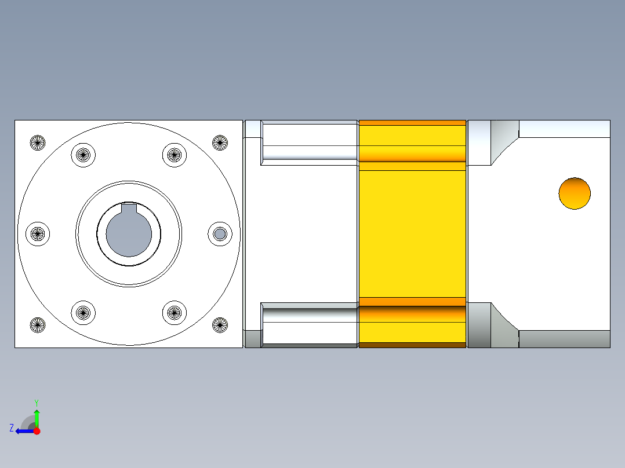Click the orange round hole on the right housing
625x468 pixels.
pyautogui.click(x=575, y=193)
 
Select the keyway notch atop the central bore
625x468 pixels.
pyautogui.click(x=129, y=209)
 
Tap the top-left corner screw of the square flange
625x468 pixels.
pyautogui.click(x=38, y=142)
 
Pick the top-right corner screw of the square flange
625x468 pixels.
pyautogui.click(x=220, y=142)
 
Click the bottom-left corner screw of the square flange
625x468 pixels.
pyautogui.click(x=38, y=325)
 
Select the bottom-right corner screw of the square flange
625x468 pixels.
pyautogui.click(x=220, y=325)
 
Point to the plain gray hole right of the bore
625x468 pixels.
pyautogui.click(x=220, y=233)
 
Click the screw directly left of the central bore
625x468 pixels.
pyautogui.click(x=38, y=233)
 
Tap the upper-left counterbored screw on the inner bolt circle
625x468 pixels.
pyautogui.click(x=83, y=155)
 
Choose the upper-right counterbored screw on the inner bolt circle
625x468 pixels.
pyautogui.click(x=174, y=155)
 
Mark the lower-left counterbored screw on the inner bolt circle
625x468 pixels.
pyautogui.click(x=83, y=313)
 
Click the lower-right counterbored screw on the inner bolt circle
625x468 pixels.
pyautogui.click(x=174, y=313)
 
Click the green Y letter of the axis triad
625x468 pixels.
pyautogui.click(x=36, y=402)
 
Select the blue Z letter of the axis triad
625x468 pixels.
pyautogui.click(x=11, y=428)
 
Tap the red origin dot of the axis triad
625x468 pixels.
pyautogui.click(x=37, y=431)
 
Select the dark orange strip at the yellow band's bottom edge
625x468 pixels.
pyautogui.click(x=412, y=345)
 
